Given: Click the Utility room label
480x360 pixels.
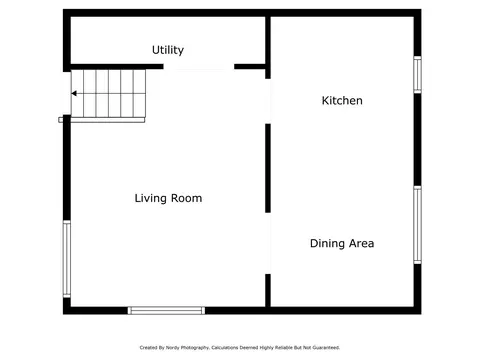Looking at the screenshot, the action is [168, 50].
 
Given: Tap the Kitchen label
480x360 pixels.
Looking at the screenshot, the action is [342, 100].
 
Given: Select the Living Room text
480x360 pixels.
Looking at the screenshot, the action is [168, 198].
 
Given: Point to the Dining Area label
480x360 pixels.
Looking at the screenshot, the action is [342, 243].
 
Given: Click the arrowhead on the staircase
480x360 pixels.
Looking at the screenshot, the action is [74, 93].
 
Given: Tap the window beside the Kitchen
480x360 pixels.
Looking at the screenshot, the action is [417, 75].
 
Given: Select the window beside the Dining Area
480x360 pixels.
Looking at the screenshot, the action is [417, 225].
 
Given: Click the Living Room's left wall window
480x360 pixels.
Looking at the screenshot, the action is [67, 259].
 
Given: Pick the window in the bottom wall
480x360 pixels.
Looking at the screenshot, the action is [166, 311].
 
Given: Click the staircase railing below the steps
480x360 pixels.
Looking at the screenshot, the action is [102, 120].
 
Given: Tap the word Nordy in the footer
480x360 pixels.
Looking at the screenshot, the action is [172, 348].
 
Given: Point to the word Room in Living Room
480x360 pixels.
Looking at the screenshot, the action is [187, 198].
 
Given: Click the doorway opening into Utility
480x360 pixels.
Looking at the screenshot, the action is [199, 67].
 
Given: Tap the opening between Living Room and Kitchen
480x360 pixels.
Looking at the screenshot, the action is [268, 101].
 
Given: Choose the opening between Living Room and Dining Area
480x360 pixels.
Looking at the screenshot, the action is [268, 243].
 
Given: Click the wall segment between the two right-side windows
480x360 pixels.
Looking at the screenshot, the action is [417, 140].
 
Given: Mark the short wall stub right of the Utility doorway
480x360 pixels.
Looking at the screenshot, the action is [250, 67].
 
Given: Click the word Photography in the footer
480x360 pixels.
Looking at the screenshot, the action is [195, 348].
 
